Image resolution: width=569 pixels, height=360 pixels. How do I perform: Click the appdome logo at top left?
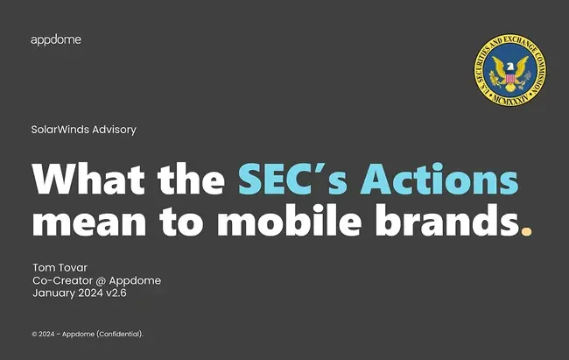click(x=56, y=40)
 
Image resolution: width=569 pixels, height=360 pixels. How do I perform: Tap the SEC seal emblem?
click(x=509, y=70)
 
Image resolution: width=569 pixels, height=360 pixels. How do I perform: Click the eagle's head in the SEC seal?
click(x=510, y=67)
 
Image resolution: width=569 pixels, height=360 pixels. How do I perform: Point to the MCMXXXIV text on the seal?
click(x=509, y=99)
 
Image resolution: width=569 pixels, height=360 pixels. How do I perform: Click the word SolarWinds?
click(x=60, y=130)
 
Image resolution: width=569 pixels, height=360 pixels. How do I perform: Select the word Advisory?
click(x=114, y=130)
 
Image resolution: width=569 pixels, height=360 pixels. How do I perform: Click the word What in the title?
click(x=88, y=179)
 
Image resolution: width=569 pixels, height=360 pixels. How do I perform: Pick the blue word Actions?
click(x=439, y=179)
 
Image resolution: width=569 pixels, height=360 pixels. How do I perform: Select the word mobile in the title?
click(x=289, y=220)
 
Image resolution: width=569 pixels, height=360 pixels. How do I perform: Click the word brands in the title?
click(x=447, y=220)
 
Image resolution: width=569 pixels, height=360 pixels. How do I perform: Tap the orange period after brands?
click(x=526, y=231)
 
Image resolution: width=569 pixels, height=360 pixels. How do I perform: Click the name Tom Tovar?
click(x=60, y=268)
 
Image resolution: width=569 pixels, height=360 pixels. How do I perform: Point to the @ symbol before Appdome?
click(x=101, y=281)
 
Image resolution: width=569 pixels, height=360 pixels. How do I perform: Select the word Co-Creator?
click(x=62, y=280)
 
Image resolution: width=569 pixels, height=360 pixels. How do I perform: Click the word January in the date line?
click(x=53, y=293)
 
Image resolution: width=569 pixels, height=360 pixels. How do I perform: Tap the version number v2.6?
click(x=116, y=293)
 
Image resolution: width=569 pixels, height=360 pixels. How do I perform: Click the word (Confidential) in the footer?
click(x=120, y=335)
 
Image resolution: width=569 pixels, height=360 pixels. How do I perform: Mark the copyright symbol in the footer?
click(x=34, y=335)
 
